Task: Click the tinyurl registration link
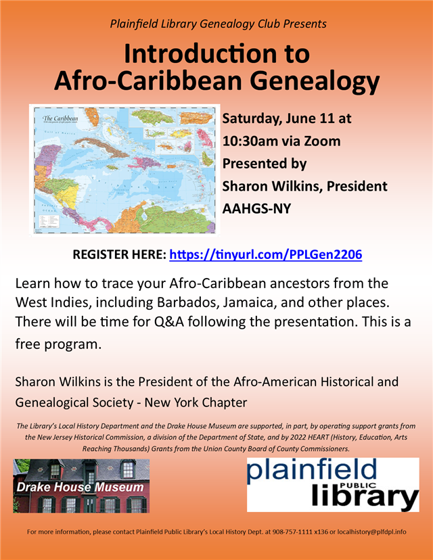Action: [x=265, y=255]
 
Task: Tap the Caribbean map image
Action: [x=125, y=169]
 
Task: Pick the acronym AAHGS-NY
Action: [x=256, y=208]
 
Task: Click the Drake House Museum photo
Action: [x=81, y=486]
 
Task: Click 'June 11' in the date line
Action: [x=300, y=118]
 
